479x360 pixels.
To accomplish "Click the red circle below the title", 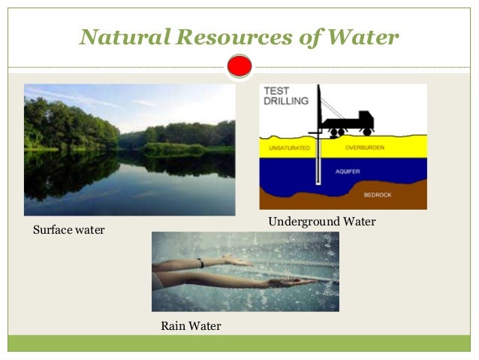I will point(239,67).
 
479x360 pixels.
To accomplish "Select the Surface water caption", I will point(69,229).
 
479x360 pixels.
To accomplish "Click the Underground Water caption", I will point(321,222).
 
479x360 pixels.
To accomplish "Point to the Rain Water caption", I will point(191,326).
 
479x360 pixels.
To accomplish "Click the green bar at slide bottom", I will point(239,343).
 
